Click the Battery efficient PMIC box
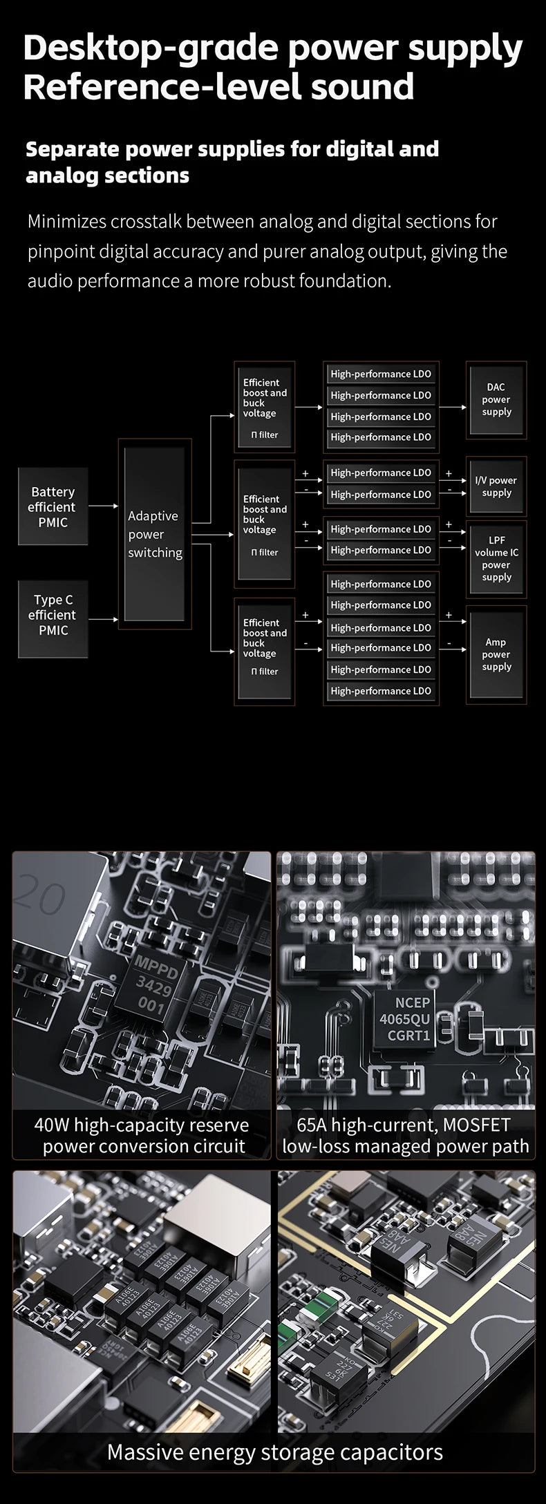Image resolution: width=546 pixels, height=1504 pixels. (53, 507)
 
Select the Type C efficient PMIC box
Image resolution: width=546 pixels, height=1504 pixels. (53, 615)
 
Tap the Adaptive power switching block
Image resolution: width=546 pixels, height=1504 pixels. (155, 534)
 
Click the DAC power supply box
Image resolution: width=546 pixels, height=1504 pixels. (496, 399)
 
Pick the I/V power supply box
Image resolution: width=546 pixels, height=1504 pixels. (496, 486)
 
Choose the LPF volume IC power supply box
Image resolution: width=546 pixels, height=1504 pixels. (496, 558)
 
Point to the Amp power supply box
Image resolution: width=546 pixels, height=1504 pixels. (496, 654)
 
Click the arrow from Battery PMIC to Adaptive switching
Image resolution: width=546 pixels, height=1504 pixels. (104, 506)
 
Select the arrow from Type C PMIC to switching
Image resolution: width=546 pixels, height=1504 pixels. (104, 619)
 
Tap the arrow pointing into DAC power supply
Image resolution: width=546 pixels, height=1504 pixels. (453, 407)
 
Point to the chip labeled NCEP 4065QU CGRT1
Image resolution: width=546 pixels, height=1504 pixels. (404, 1018)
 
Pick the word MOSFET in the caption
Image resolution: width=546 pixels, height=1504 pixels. (476, 1125)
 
